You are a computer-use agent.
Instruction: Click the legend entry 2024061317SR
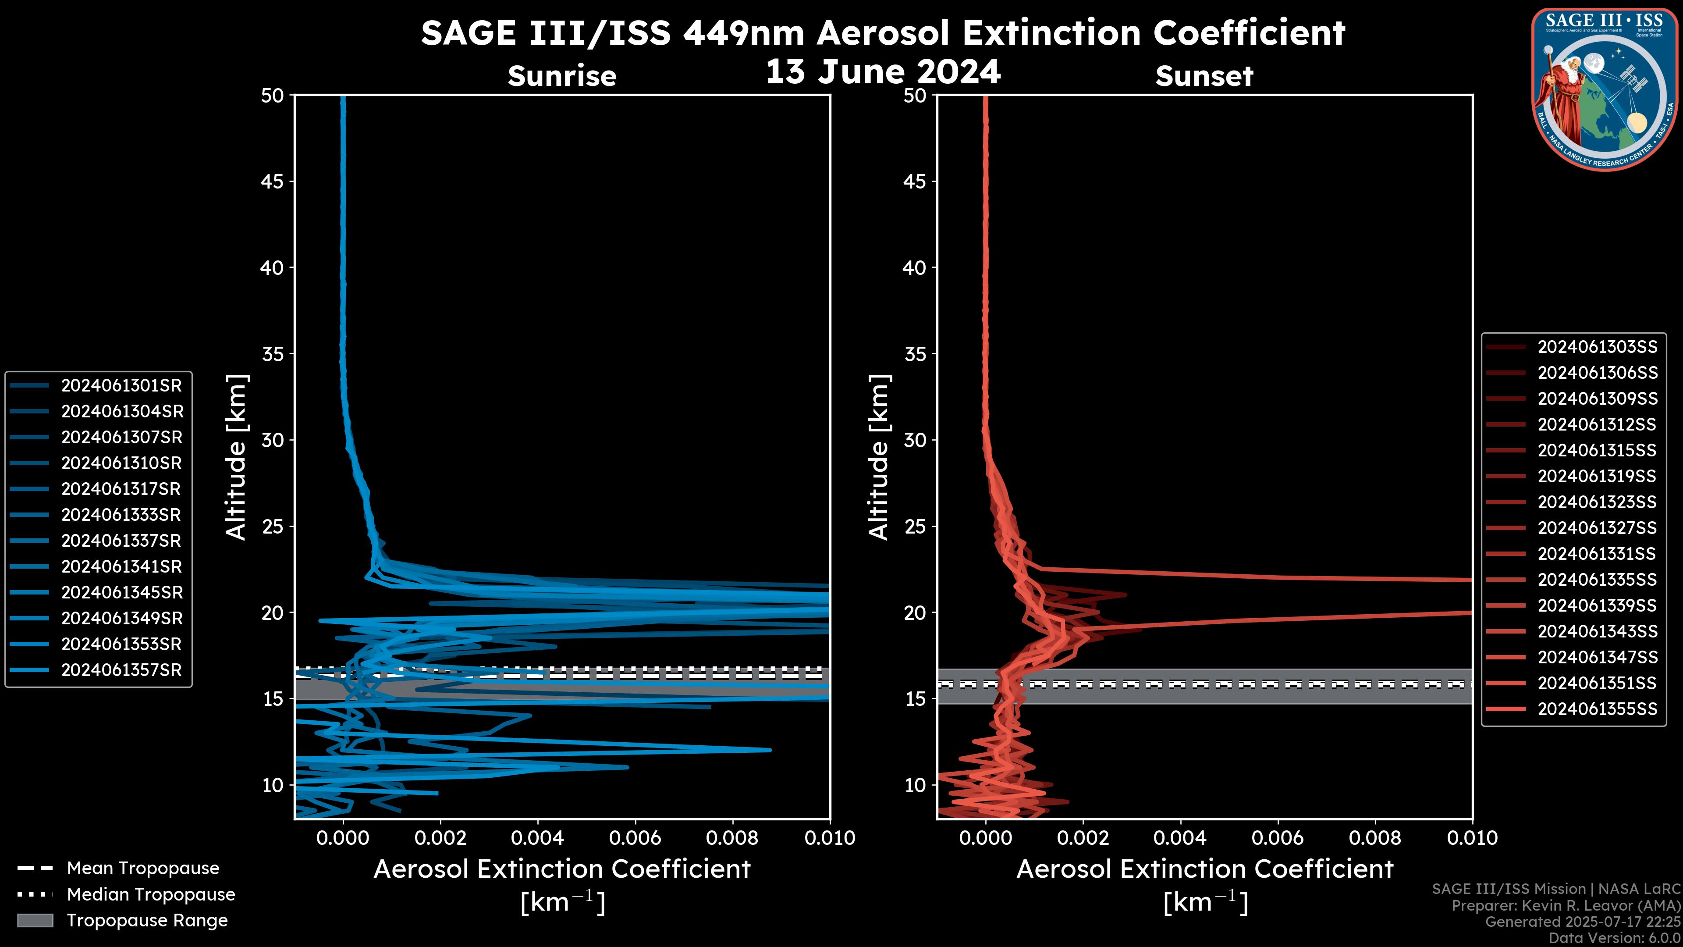click(121, 489)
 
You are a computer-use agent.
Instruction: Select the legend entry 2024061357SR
click(121, 670)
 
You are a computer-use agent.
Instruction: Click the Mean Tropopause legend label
click(143, 868)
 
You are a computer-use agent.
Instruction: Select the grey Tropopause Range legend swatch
click(35, 920)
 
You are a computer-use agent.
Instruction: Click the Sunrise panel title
click(562, 76)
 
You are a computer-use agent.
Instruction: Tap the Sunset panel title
click(1204, 76)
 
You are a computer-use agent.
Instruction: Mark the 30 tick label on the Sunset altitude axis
click(915, 440)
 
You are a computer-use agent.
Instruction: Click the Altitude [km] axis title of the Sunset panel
click(879, 457)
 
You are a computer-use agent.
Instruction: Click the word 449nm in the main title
click(743, 33)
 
